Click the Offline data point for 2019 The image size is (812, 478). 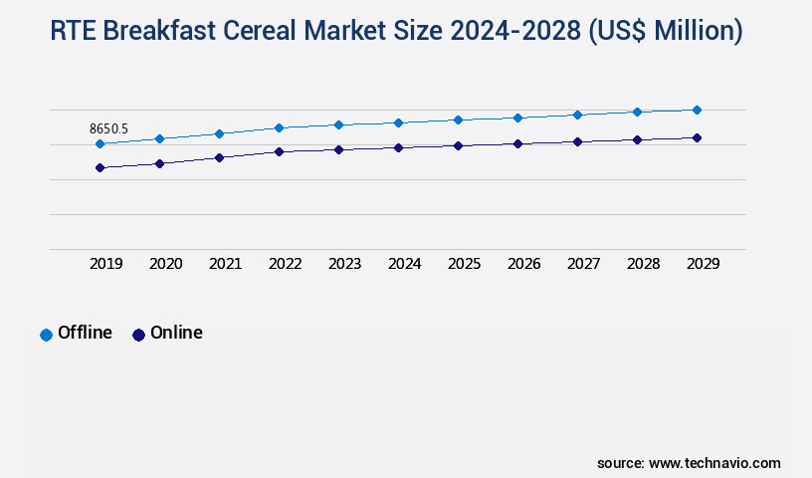pyautogui.click(x=100, y=143)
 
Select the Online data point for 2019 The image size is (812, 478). pyautogui.click(x=100, y=167)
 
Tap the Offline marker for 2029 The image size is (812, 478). pyautogui.click(x=697, y=110)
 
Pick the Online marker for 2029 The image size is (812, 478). pyautogui.click(x=697, y=137)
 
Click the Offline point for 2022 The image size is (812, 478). pyautogui.click(x=279, y=127)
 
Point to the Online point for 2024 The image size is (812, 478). pyautogui.click(x=398, y=147)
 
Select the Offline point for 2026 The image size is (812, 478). pyautogui.click(x=517, y=118)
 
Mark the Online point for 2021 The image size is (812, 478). pyautogui.click(x=219, y=157)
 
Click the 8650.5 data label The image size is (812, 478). pyautogui.click(x=108, y=128)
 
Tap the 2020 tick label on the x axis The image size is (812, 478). pyautogui.click(x=165, y=264)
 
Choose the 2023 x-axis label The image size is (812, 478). pyautogui.click(x=344, y=264)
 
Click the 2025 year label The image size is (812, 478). pyautogui.click(x=464, y=264)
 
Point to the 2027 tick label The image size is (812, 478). pyautogui.click(x=583, y=264)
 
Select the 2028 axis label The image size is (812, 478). pyautogui.click(x=643, y=264)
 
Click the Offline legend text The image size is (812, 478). pyautogui.click(x=85, y=333)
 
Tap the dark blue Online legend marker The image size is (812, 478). pyautogui.click(x=138, y=335)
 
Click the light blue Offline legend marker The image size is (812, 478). pyautogui.click(x=46, y=335)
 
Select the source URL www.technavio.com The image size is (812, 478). pyautogui.click(x=714, y=463)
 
